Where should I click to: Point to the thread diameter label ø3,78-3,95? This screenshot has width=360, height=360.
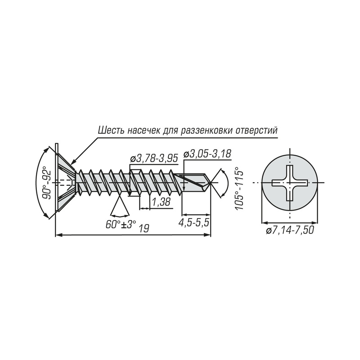[x=154, y=159]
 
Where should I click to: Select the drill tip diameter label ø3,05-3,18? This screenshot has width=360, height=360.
[x=207, y=154]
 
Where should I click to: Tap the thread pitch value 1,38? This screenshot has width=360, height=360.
[x=161, y=202]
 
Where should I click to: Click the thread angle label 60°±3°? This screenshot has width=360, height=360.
[x=121, y=224]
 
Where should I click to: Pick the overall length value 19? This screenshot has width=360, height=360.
[x=144, y=229]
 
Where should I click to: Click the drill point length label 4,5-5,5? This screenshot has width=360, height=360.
[x=194, y=223]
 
